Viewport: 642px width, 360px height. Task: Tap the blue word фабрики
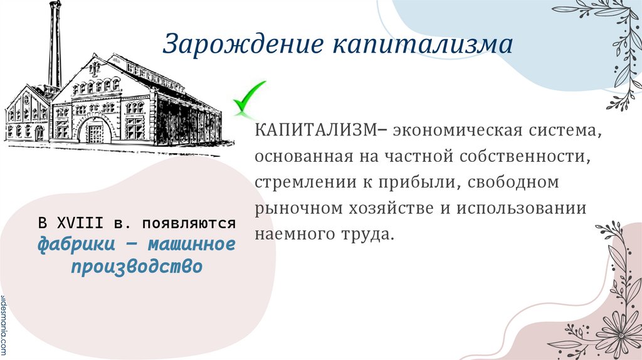pos(73,243)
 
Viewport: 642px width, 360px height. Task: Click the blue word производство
pos(136,266)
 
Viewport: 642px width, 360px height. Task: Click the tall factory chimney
pos(56,44)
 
